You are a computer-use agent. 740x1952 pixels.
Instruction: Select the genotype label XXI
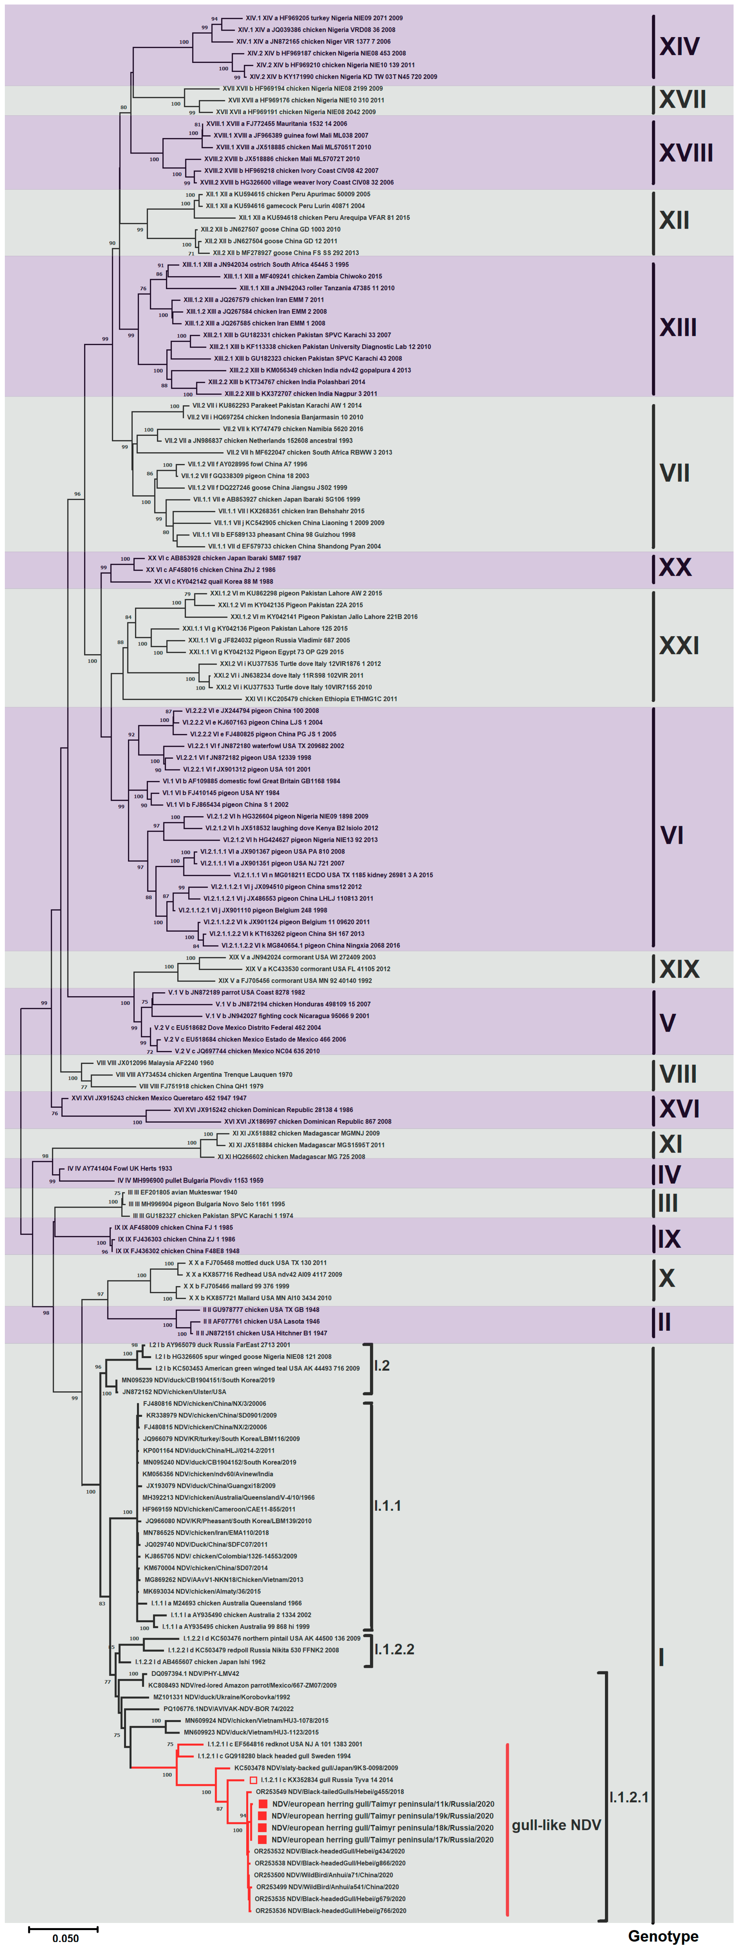[679, 646]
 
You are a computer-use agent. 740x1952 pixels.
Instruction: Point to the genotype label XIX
[679, 969]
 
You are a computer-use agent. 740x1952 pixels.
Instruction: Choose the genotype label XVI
[679, 1109]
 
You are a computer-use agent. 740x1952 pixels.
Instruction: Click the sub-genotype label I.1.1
[388, 1506]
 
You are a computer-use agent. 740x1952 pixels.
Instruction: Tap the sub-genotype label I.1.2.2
[394, 1650]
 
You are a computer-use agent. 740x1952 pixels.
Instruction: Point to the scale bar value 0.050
[65, 1938]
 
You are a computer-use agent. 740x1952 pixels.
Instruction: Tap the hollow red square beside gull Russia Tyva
[254, 1780]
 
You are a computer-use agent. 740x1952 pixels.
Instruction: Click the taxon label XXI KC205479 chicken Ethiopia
[320, 699]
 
